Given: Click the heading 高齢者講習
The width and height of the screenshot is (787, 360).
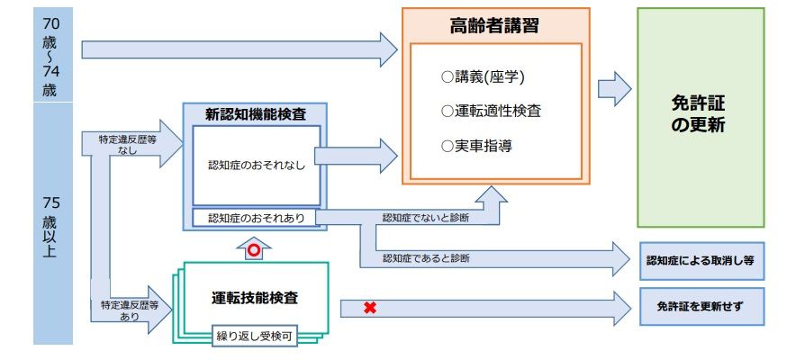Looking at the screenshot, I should coord(494,26).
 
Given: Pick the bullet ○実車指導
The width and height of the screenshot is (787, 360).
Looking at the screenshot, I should coord(477,144).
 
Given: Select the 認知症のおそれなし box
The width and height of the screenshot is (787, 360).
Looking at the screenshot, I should coord(257,166).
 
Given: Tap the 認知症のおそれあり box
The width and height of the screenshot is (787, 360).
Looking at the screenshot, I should coord(257,219).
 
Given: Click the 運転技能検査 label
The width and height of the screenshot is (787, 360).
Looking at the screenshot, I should coord(255,297).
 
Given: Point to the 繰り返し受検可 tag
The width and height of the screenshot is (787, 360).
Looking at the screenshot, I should coord(253,337).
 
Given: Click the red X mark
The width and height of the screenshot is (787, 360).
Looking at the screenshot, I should coord(369,309).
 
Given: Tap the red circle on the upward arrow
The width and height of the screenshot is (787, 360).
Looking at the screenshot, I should coord(254,251).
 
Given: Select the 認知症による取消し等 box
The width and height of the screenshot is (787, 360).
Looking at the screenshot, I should coord(700,260).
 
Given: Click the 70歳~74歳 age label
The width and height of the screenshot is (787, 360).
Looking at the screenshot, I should coord(50,56).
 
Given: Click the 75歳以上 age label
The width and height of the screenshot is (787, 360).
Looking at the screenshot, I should coord(50,225).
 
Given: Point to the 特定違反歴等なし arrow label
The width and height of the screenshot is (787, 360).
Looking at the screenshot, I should coord(128,145).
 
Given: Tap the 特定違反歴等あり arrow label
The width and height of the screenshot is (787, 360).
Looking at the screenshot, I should coord(128,311).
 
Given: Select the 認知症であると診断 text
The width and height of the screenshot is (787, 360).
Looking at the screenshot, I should coord(426,258).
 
